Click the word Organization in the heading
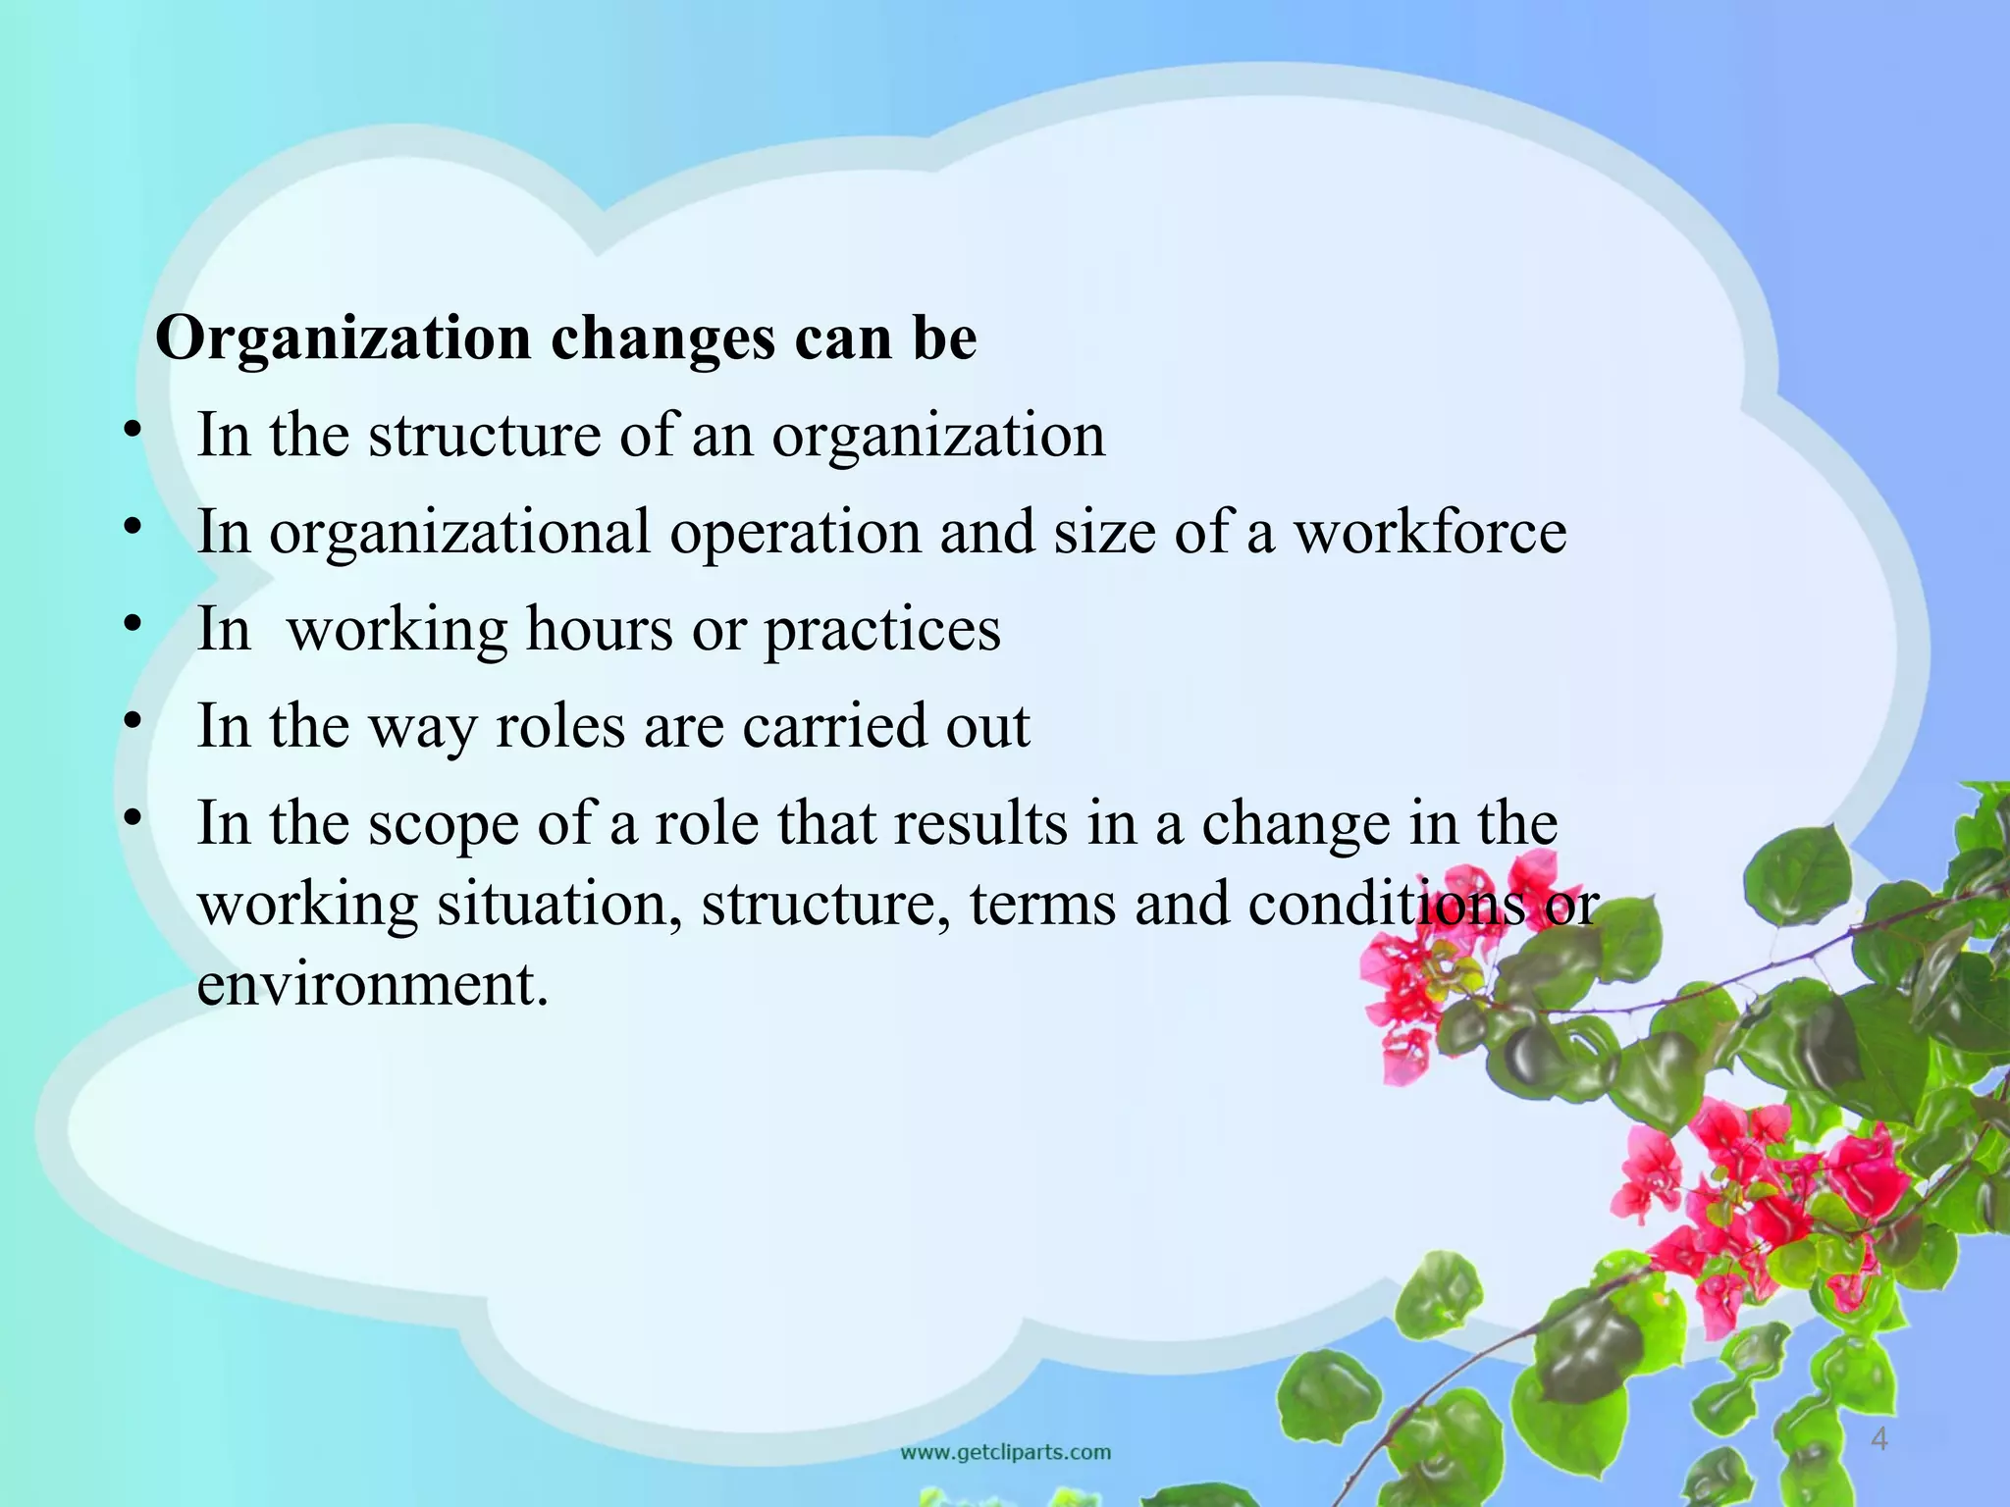pyautogui.click(x=344, y=339)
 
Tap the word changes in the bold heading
pyautogui.click(x=662, y=339)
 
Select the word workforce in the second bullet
pyautogui.click(x=1430, y=533)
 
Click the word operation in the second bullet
pyautogui.click(x=795, y=533)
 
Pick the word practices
pyautogui.click(x=882, y=631)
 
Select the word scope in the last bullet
pyautogui.click(x=443, y=825)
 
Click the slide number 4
pyautogui.click(x=1878, y=1440)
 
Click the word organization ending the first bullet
pyautogui.click(x=937, y=437)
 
